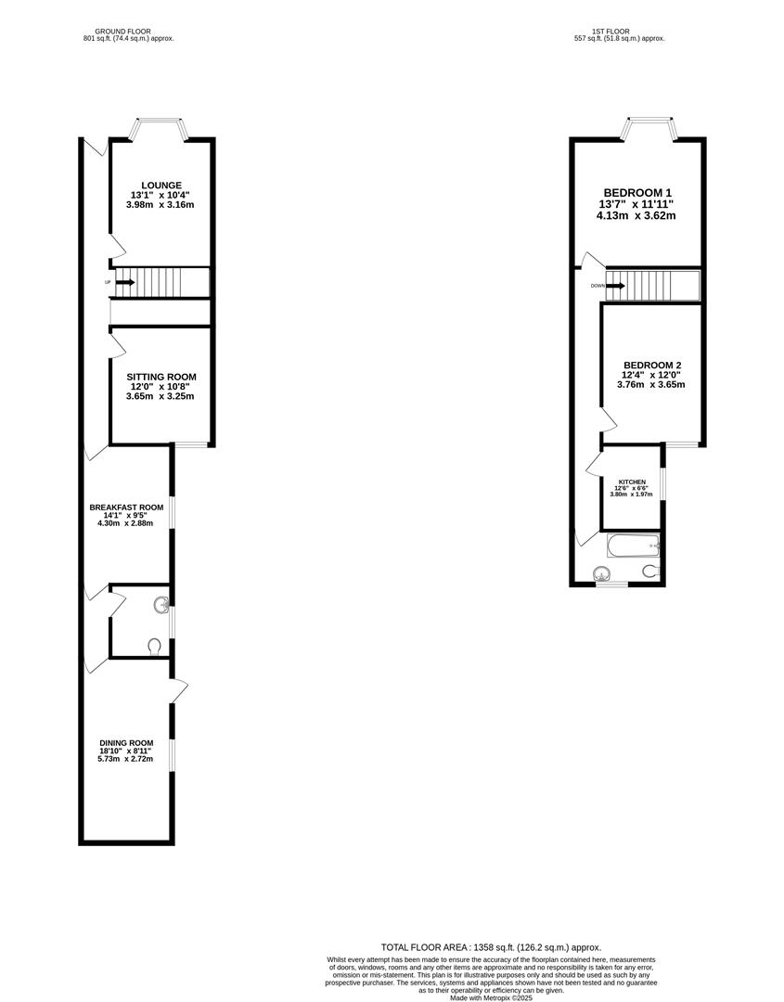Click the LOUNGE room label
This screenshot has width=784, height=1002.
pos(161,185)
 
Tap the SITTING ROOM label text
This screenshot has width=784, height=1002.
pos(161,377)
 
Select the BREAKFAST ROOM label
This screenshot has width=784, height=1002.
pos(126,507)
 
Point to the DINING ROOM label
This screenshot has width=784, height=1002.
pos(126,743)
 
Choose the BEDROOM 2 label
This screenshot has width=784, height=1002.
pos(652,365)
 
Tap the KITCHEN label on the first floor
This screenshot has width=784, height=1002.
pos(632,482)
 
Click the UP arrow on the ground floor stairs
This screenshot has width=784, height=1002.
pos(124,281)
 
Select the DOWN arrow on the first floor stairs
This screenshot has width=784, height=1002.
pos(615,286)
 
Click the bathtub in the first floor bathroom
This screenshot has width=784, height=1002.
pos(632,546)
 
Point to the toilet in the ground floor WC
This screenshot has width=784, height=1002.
pos(155,645)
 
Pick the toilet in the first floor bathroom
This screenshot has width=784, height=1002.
pos(652,570)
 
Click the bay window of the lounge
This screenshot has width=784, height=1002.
pos(162,128)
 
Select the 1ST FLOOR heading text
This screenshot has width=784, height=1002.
pos(619,31)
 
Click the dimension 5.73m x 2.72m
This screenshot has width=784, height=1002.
pos(126,760)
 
